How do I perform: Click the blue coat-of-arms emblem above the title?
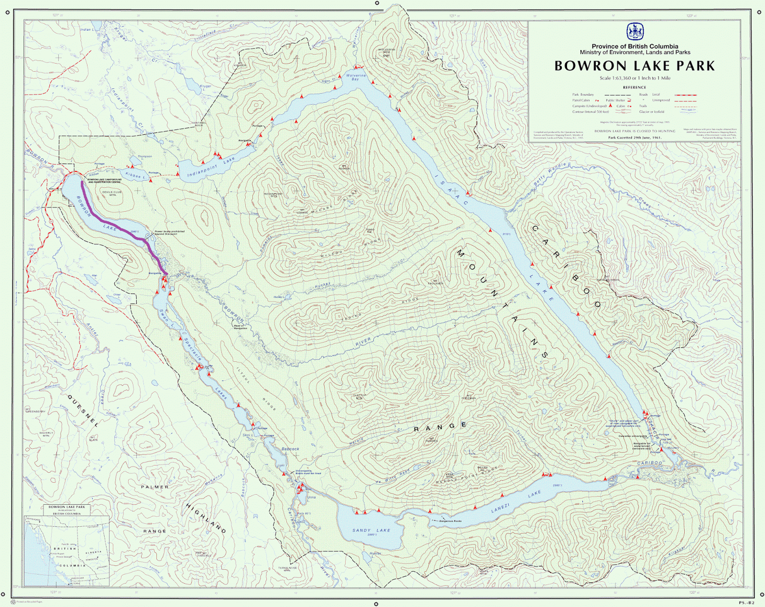[635, 32]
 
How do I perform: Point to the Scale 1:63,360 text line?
[635, 78]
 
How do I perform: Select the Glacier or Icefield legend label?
[652, 112]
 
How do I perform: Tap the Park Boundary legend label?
[583, 95]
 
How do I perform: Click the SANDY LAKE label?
[371, 530]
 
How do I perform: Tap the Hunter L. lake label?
[375, 555]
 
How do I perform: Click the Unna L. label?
[311, 497]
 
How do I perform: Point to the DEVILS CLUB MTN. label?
[112, 193]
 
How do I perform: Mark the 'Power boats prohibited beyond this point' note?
[169, 233]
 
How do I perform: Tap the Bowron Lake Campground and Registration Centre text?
[104, 181]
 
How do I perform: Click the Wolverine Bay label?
[356, 77]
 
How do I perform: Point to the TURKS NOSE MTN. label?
[287, 569]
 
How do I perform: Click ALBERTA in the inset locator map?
[93, 552]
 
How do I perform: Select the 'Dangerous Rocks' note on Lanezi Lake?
[450, 521]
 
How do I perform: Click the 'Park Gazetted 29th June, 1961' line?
[634, 138]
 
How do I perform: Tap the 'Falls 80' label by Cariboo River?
[304, 513]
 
